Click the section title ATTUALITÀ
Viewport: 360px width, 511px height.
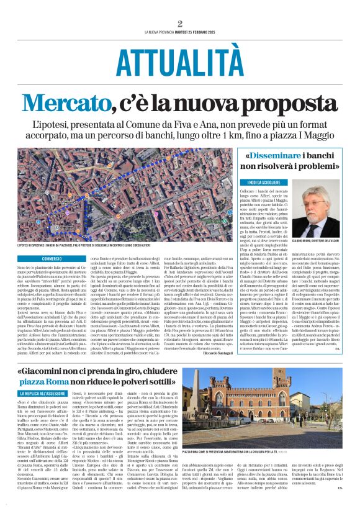(x=179, y=61)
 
